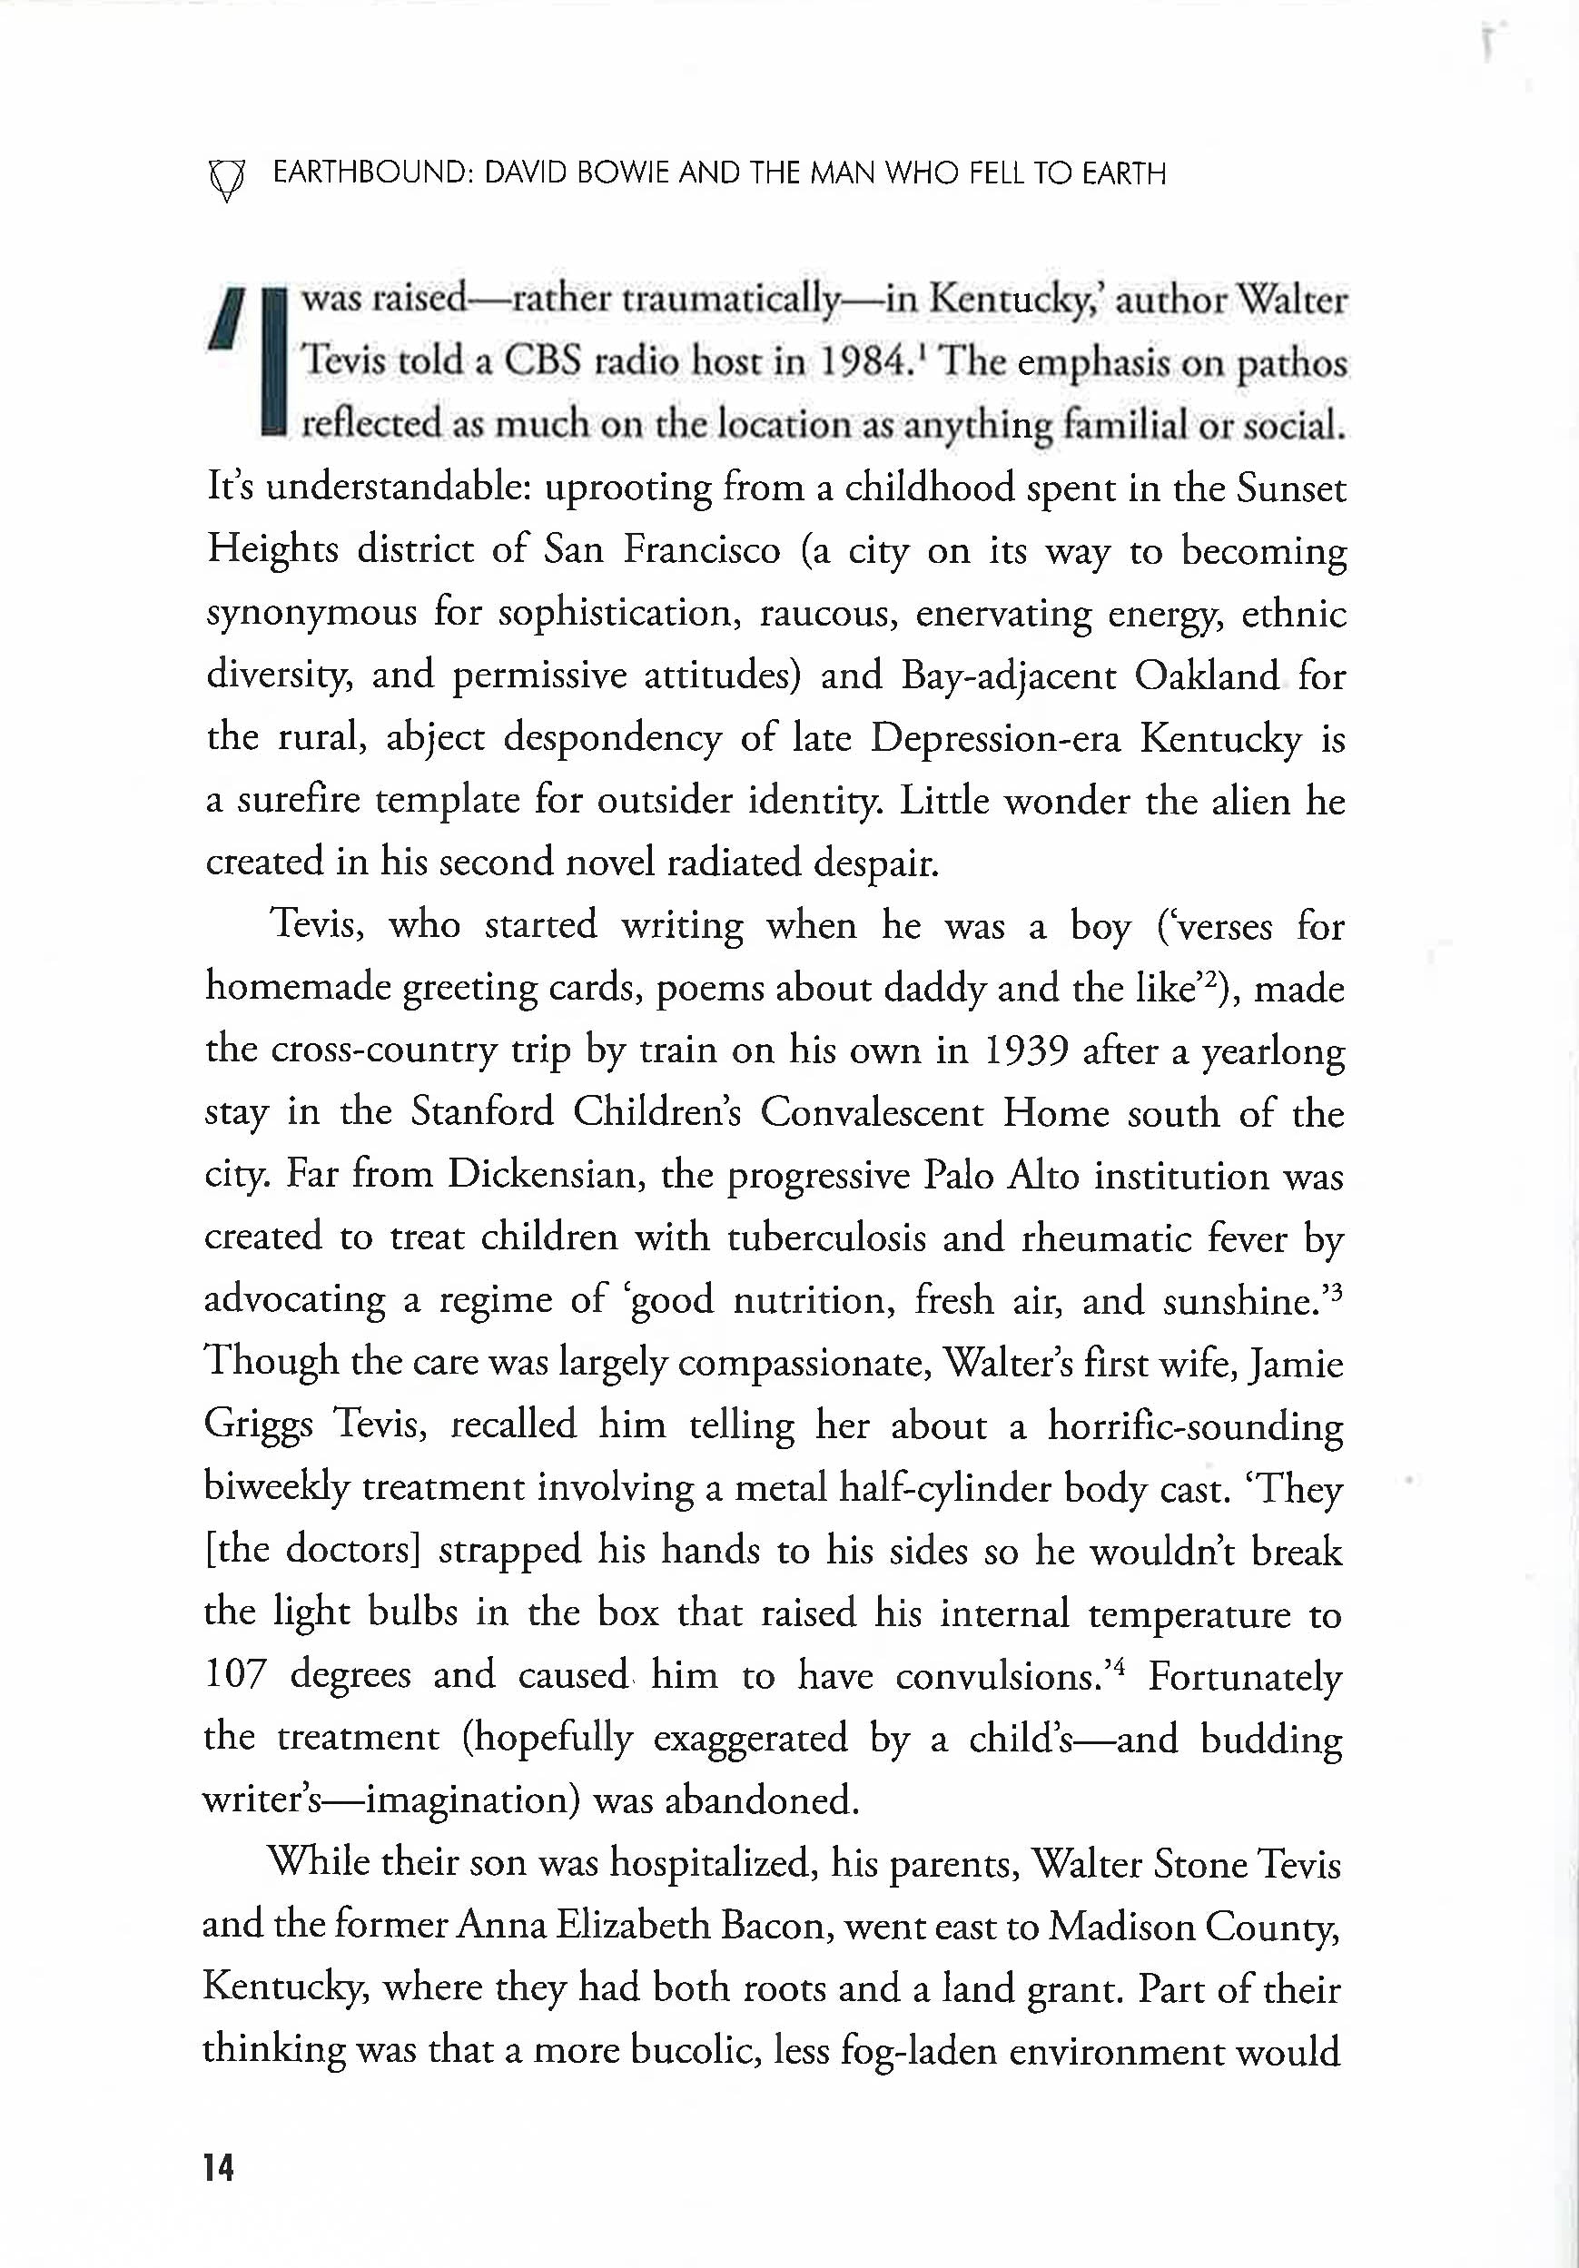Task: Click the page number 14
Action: click(x=218, y=2167)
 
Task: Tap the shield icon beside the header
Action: click(x=226, y=178)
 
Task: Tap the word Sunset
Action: click(x=1290, y=488)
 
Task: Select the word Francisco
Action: click(x=702, y=550)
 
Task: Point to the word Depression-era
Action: click(x=995, y=738)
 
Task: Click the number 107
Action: click(x=235, y=1674)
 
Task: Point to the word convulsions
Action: click(x=1000, y=1674)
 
